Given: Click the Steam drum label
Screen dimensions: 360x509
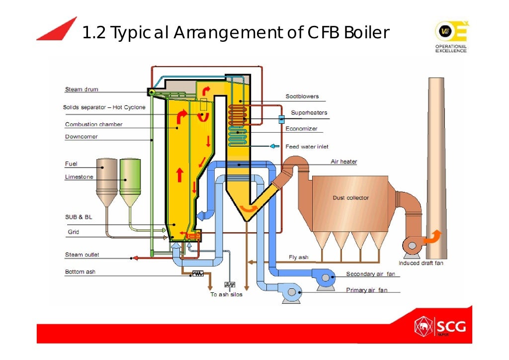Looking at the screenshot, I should pos(82,90).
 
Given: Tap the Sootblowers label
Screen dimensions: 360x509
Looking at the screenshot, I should pos(302,96).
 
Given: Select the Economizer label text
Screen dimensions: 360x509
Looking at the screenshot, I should pos(301,128).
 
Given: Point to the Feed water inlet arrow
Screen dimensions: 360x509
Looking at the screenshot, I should pos(274,146).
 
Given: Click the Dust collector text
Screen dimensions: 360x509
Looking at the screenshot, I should pos(350,198).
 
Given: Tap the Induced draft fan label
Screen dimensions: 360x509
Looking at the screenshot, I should pos(421,263).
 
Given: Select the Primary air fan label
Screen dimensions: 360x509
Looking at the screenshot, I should pos(366,290).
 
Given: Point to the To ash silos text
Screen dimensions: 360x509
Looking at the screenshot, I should pos(226,294).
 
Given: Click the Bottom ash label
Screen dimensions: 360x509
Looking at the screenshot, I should pos(80,272).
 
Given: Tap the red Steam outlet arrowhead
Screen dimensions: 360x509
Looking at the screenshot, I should pos(133,258).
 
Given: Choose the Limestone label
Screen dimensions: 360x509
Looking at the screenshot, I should pos(79,177).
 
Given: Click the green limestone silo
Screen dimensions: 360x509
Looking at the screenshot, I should pos(130,181).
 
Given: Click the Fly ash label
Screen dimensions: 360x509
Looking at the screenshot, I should pos(298,257).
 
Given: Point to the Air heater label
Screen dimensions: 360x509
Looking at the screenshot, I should pos(344,162).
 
